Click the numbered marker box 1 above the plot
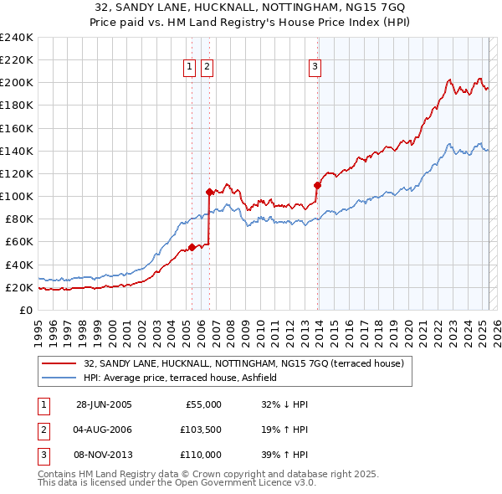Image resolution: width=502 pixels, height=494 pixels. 190,68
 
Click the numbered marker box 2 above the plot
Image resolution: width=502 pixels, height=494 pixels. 207,68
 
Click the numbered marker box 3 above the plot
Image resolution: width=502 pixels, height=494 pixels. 315,68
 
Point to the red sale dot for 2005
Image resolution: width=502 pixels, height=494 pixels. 192,247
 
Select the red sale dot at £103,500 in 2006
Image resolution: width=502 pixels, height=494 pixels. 208,192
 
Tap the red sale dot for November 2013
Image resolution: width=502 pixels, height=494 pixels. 318,184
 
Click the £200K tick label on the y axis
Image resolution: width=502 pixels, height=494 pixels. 17,83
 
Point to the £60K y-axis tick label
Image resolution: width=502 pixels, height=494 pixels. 19,242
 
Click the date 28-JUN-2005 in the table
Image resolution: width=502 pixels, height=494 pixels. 104,404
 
